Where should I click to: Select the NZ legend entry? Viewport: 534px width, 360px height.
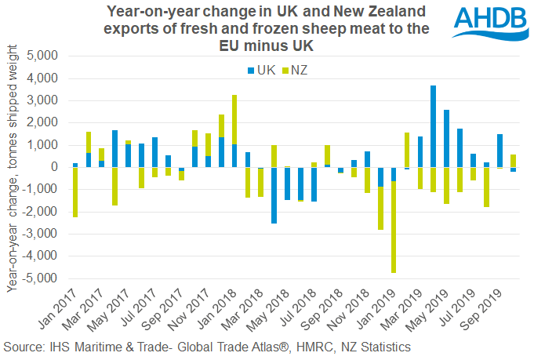[294, 71]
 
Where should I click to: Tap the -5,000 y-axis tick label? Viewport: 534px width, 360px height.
[40, 278]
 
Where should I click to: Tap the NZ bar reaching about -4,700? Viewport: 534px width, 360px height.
[394, 227]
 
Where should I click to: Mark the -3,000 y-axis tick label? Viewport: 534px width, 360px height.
[40, 234]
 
